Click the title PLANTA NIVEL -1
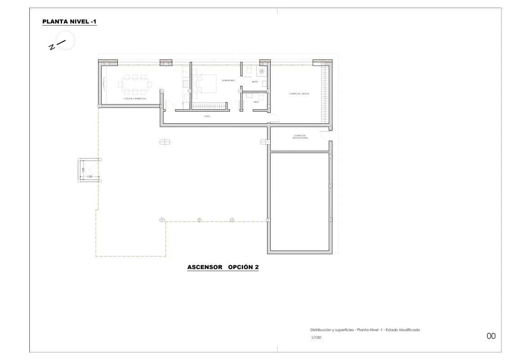coord(69,22)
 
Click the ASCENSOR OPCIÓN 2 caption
coord(223,267)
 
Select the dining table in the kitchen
coord(135,84)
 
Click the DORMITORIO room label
coord(228,80)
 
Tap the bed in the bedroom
coord(205,84)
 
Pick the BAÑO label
coord(254,82)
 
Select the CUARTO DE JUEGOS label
coord(299,94)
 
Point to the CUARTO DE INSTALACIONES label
coord(300,136)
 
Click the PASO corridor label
coord(207,116)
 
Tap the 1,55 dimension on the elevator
coord(89,177)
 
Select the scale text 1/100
coord(316,337)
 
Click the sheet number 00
coord(491,336)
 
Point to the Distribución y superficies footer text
coord(365,330)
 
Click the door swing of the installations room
coord(323,134)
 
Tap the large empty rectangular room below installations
coord(300,201)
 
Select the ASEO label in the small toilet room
coord(256,102)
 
